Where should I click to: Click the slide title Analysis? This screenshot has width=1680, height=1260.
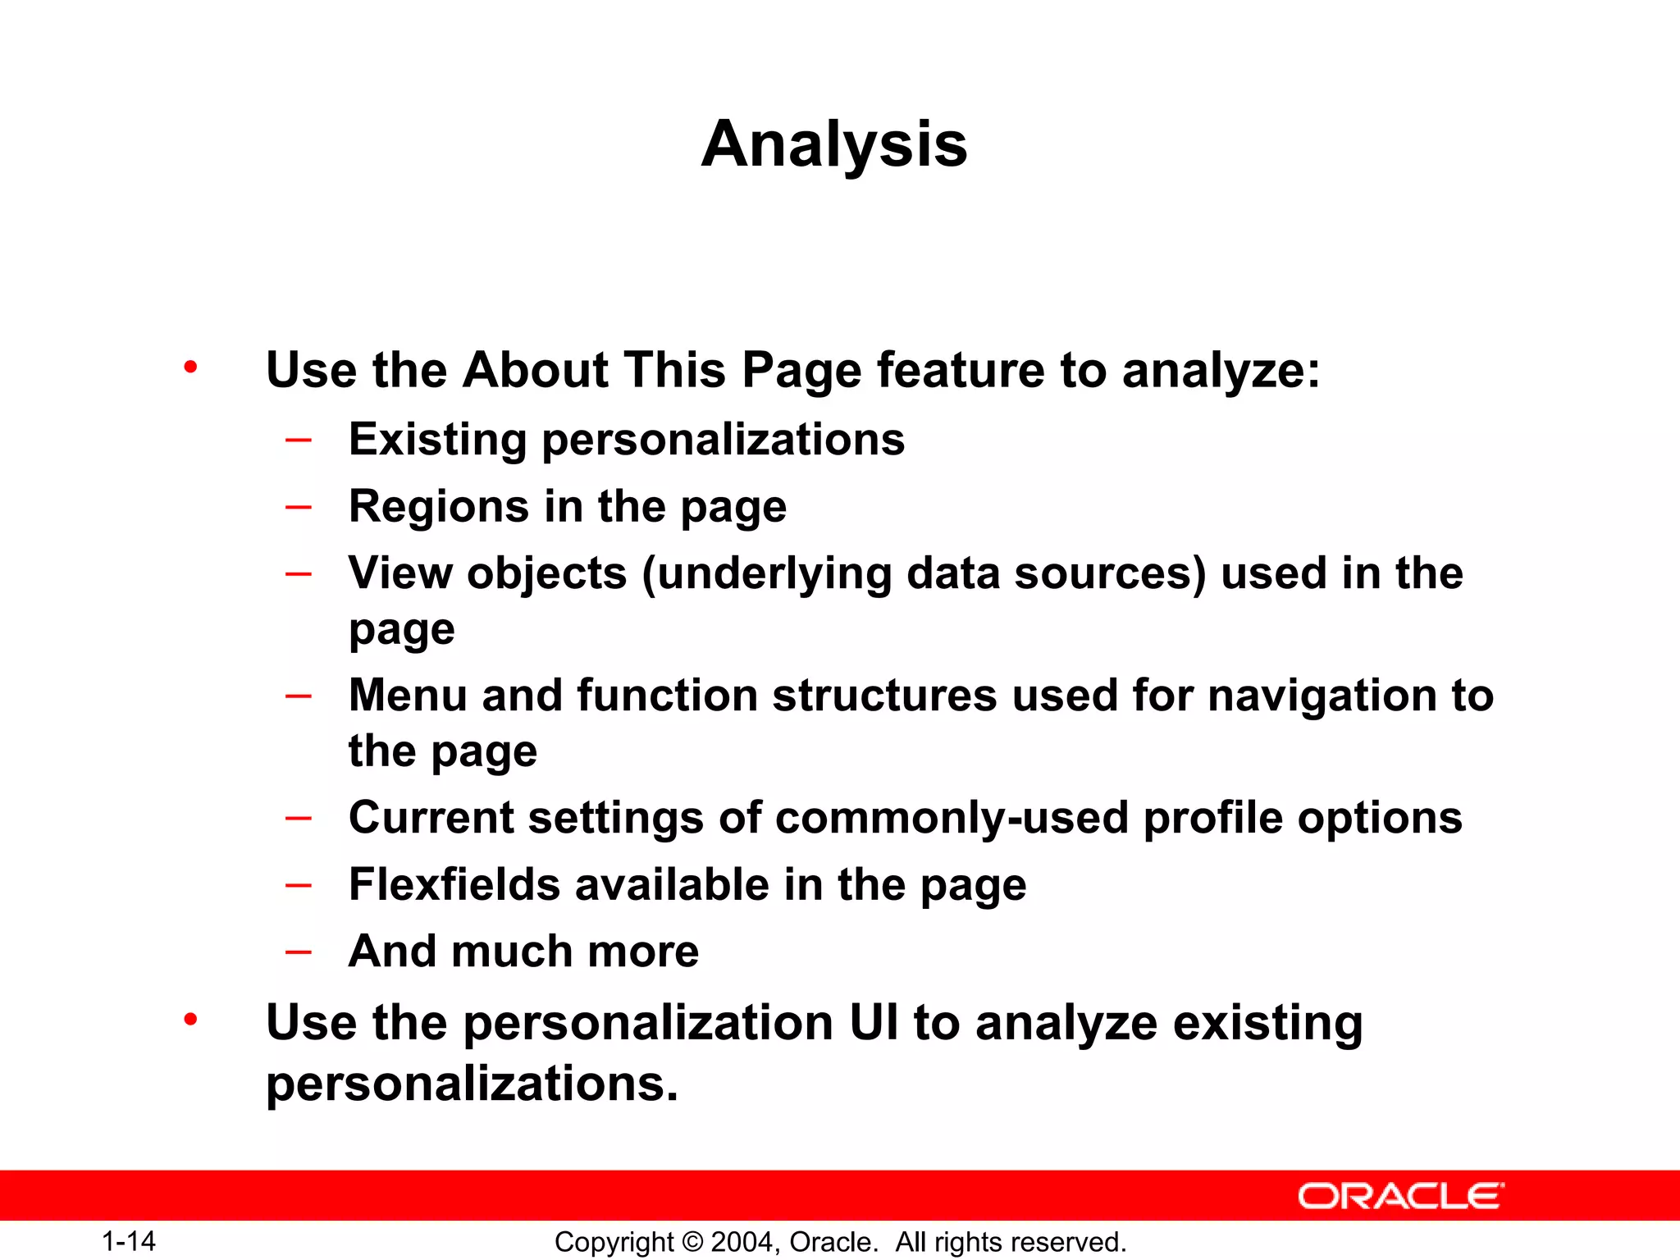tap(834, 144)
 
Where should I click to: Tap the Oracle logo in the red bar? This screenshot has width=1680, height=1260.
tap(1401, 1196)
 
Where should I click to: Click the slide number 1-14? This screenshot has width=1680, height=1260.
tap(129, 1241)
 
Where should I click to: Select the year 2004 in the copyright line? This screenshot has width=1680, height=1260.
tap(741, 1242)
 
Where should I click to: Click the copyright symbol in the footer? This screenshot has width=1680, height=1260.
tap(692, 1242)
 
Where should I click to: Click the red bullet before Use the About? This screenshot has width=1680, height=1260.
tap(190, 367)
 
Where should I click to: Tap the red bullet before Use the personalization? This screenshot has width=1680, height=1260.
tap(190, 1020)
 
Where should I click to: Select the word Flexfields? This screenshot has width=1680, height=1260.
tap(454, 884)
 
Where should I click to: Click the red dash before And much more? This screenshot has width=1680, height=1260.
tap(298, 952)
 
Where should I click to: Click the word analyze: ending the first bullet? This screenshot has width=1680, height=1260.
tap(1221, 371)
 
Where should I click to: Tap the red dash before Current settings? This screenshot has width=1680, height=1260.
tap(298, 818)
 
